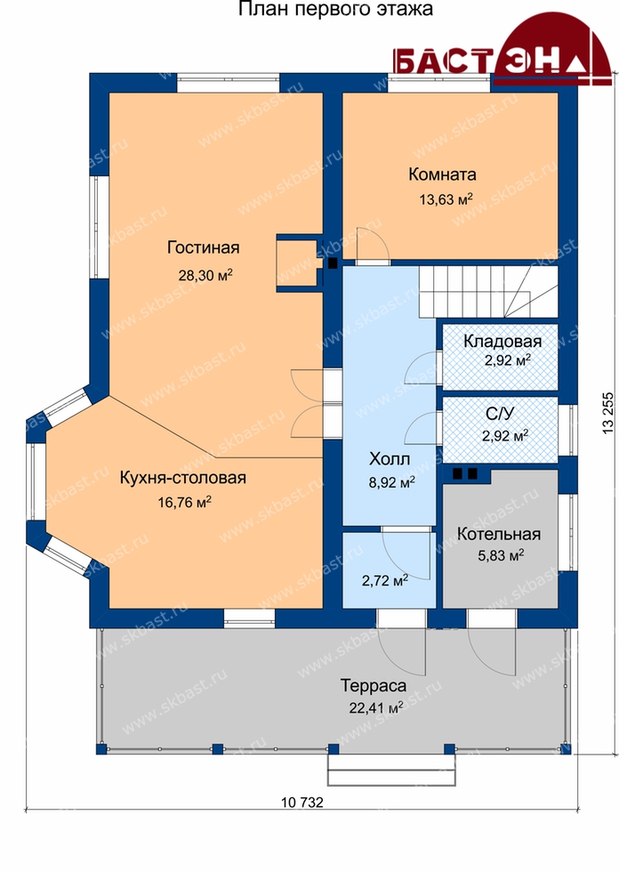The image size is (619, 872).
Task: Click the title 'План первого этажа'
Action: point(335,10)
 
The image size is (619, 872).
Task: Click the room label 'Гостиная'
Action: point(204,247)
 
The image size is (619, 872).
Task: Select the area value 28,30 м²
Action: point(205,275)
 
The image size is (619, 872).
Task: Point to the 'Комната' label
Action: point(442,174)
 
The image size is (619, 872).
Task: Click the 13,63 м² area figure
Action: point(446,198)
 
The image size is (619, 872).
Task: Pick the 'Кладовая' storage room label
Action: point(502,341)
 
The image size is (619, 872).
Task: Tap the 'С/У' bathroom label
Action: point(500,413)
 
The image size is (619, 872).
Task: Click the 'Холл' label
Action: point(390,459)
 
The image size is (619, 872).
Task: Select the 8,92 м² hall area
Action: point(391,482)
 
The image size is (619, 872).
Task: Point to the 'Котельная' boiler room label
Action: point(498,534)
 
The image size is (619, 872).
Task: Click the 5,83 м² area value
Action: point(502,555)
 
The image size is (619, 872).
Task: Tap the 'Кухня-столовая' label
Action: point(183,479)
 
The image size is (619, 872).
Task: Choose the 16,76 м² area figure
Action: point(184,502)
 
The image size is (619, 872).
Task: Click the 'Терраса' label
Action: point(374,686)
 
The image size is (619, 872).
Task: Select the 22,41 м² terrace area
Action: point(375,708)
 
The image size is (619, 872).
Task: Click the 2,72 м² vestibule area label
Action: point(385,581)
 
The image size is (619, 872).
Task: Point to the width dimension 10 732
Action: point(301,802)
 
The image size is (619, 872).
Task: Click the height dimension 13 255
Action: point(609,411)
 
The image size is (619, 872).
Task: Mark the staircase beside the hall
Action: point(488,291)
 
